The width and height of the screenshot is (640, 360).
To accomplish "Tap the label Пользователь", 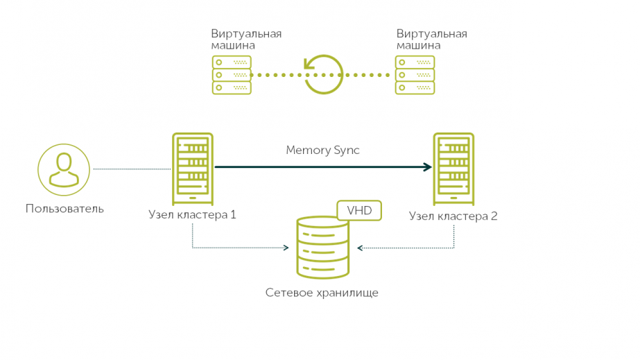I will click(64, 208).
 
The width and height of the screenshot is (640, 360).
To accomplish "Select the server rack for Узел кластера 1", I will click(192, 169).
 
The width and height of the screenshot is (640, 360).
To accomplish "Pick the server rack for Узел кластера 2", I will click(453, 169).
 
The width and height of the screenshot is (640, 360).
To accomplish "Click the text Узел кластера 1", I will click(192, 214).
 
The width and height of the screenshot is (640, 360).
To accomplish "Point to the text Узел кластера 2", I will click(453, 216).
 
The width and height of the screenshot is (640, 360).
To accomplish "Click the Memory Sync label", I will click(322, 150).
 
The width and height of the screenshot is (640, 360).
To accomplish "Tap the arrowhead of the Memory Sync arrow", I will click(426, 167).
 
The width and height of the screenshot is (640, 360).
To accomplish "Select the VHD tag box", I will click(359, 210).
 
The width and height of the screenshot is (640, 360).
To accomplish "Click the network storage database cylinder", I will click(322, 247).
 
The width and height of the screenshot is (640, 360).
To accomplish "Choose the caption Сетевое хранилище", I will click(322, 293).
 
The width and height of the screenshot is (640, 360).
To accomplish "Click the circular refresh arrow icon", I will click(323, 74).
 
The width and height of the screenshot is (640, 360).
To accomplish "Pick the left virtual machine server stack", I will click(231, 74).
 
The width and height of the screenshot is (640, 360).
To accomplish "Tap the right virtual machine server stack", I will click(415, 74).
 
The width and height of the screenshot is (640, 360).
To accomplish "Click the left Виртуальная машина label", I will click(246, 40).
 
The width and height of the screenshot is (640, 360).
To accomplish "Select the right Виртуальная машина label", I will click(431, 40).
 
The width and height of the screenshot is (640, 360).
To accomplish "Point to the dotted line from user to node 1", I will click(131, 169).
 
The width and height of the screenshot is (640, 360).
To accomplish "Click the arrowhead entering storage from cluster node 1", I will click(286, 248).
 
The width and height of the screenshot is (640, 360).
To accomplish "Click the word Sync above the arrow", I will click(345, 150).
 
